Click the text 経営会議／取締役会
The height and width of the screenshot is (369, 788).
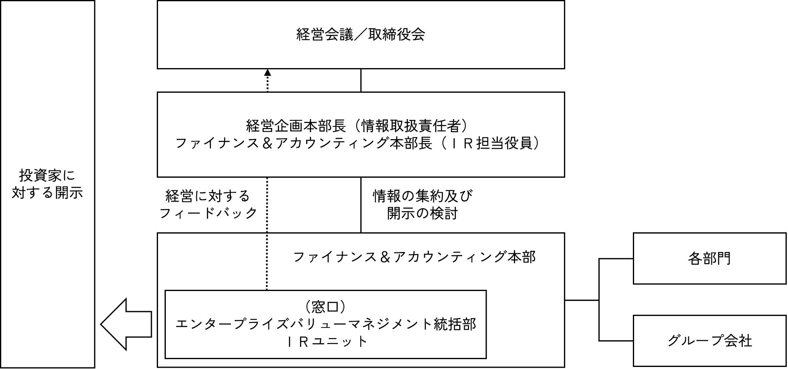point(360,34)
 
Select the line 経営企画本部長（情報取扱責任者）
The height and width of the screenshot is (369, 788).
point(357,126)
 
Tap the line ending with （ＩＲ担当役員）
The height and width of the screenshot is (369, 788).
point(357,143)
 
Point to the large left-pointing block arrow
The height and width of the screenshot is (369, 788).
point(126,324)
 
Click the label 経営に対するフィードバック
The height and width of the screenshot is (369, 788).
point(208,204)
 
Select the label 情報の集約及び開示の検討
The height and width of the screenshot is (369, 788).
point(422,204)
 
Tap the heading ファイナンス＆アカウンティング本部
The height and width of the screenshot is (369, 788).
point(414,257)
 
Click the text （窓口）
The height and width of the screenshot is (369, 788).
point(325,307)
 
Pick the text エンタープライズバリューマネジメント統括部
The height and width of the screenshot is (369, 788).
point(325,324)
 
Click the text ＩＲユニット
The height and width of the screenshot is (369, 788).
point(325,341)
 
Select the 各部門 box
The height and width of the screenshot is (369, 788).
point(709,259)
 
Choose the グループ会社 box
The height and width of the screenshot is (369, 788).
point(709,341)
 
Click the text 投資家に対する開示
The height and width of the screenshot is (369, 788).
point(47,184)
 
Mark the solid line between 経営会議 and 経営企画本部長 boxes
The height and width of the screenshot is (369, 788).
point(361,80)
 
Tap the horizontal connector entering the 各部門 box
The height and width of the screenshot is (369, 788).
point(616,259)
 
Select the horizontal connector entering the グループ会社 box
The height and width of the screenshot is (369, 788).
point(616,341)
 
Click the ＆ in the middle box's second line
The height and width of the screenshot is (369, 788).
point(268,143)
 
